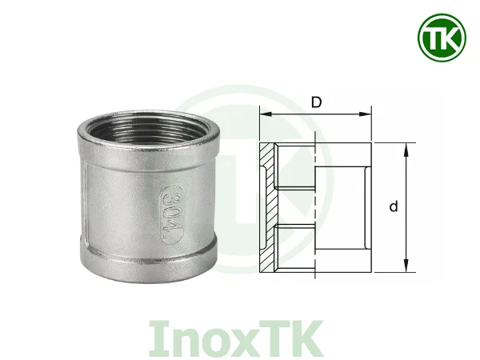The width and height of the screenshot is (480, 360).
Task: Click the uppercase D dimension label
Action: coord(316,102)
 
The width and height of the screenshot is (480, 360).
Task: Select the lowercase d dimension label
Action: coord(394,207)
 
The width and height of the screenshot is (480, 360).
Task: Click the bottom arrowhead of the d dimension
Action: coord(408,269)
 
